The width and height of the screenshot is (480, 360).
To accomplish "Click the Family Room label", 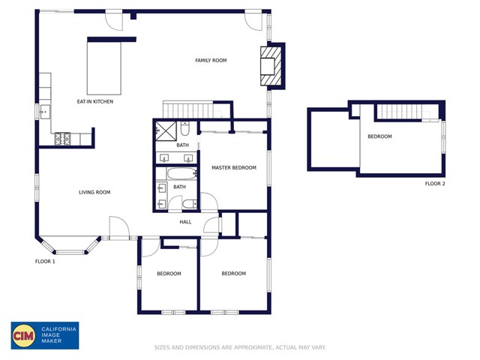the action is tap(211, 60).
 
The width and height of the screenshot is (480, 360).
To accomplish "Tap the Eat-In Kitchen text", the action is tap(95, 101).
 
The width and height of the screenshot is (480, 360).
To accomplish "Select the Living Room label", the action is tap(94, 192).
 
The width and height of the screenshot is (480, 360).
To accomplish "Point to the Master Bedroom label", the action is tap(234, 167).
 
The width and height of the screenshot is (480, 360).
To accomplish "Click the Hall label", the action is tap(185, 222).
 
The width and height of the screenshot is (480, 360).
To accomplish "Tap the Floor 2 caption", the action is tap(435, 183).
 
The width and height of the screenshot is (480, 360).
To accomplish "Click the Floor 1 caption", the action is tap(45, 261).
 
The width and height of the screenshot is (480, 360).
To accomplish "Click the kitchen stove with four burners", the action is tap(62, 139).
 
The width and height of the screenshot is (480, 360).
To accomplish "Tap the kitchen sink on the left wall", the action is tap(45, 112).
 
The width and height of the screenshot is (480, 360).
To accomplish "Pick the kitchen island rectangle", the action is tap(104, 68).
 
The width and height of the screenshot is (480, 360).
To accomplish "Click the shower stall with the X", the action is tap(166, 131).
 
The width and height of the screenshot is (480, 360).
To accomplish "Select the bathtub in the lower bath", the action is tap(181, 174).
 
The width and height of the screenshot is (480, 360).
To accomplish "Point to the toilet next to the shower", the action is tap(185, 128).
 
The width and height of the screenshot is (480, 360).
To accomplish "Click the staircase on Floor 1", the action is tap(188, 109).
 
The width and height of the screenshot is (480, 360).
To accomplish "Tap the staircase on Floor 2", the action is tap(400, 112).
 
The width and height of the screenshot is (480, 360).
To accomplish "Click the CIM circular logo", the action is tap(23, 336).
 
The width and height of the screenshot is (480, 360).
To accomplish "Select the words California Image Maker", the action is tap(58, 335).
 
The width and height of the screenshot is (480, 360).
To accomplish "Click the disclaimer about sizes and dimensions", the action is tap(240, 347).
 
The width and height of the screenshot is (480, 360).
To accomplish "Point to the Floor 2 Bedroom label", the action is tap(379, 136).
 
